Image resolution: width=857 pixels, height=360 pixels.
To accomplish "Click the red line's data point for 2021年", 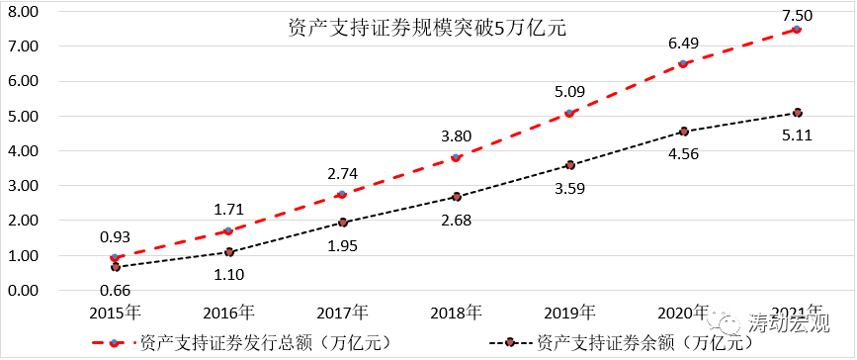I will [x=797, y=30].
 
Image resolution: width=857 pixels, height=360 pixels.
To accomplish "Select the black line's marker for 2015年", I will [x=115, y=267].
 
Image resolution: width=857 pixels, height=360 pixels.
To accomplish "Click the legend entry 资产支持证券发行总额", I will [x=251, y=343].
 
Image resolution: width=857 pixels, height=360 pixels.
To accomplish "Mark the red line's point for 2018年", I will [x=456, y=158].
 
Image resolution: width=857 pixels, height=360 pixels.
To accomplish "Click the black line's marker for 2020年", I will [x=683, y=132].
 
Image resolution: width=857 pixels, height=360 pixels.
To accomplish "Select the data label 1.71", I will [x=228, y=211].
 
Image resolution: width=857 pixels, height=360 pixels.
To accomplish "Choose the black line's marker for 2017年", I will [x=342, y=223].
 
